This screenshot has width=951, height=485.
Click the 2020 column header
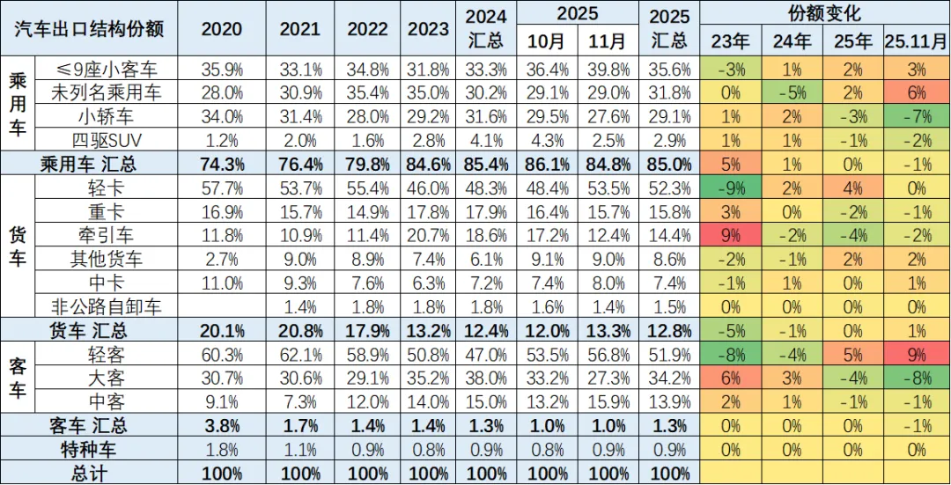(221, 27)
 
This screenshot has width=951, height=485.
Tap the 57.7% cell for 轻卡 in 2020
(221, 187)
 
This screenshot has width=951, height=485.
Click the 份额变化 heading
(824, 13)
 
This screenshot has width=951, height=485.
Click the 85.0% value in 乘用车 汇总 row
(668, 164)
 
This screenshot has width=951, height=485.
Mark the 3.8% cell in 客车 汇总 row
(221, 425)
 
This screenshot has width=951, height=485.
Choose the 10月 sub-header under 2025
(547, 41)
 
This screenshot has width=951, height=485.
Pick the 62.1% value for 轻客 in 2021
(300, 354)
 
